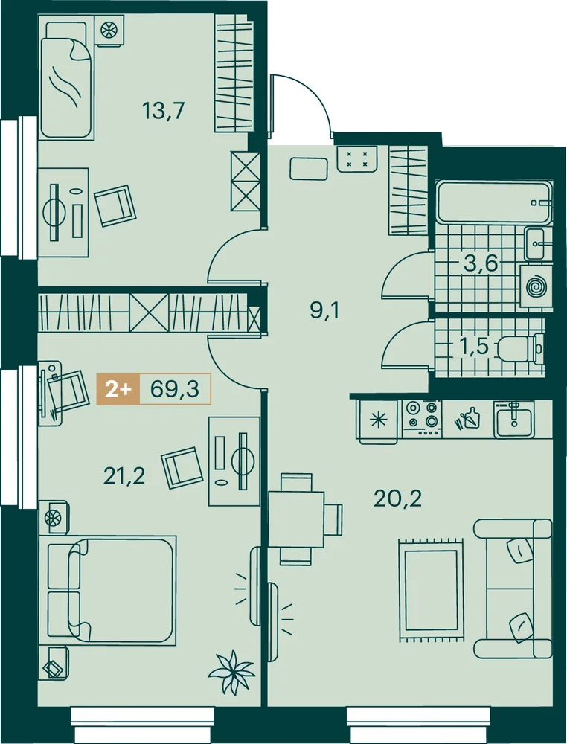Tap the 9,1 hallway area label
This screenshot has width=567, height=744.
325,312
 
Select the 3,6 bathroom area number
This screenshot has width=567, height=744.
481,263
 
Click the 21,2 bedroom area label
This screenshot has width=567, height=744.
124,476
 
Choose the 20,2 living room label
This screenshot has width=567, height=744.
397,498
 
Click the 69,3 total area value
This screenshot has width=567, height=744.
174,389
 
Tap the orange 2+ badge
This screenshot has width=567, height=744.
118,389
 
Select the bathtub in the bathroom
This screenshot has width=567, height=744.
494,202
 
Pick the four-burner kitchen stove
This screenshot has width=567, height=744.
423,418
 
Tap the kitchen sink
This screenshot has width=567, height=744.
514,420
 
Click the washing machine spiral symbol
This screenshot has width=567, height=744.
536,286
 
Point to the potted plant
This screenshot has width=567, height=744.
231,672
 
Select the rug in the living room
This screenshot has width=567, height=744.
432,590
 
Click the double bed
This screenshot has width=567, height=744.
108,590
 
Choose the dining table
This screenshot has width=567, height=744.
296,519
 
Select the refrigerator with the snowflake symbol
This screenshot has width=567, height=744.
378,420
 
